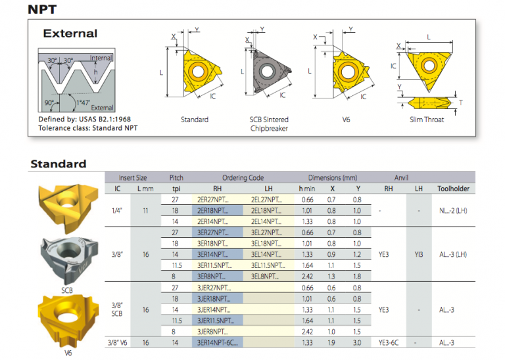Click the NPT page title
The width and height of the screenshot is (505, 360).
click(x=42, y=9)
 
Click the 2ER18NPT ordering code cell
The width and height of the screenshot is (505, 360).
click(x=213, y=211)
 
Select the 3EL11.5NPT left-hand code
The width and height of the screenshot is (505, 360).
click(x=268, y=265)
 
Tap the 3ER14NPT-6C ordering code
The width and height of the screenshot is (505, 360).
click(x=218, y=343)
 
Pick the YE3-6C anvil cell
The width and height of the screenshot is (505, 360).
click(x=389, y=343)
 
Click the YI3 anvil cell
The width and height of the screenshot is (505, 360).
click(x=419, y=254)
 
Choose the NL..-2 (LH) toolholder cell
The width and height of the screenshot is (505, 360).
click(x=453, y=211)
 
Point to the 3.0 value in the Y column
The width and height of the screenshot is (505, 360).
click(x=357, y=343)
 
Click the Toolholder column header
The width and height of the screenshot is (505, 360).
click(x=453, y=189)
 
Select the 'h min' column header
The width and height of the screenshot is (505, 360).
click(x=306, y=189)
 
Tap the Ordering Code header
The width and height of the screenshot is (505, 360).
click(x=243, y=177)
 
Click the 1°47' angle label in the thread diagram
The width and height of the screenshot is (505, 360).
click(x=83, y=102)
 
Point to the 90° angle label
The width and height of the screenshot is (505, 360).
click(x=49, y=102)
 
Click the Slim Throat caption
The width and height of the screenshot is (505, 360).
click(x=426, y=120)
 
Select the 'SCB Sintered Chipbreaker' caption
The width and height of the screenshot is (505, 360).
click(x=269, y=124)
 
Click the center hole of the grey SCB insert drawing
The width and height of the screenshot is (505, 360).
click(x=267, y=71)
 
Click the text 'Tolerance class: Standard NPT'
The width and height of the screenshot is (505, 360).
click(x=88, y=128)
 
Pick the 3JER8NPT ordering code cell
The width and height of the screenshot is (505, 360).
click(x=212, y=332)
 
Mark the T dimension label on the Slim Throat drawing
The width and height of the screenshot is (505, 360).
click(x=461, y=103)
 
